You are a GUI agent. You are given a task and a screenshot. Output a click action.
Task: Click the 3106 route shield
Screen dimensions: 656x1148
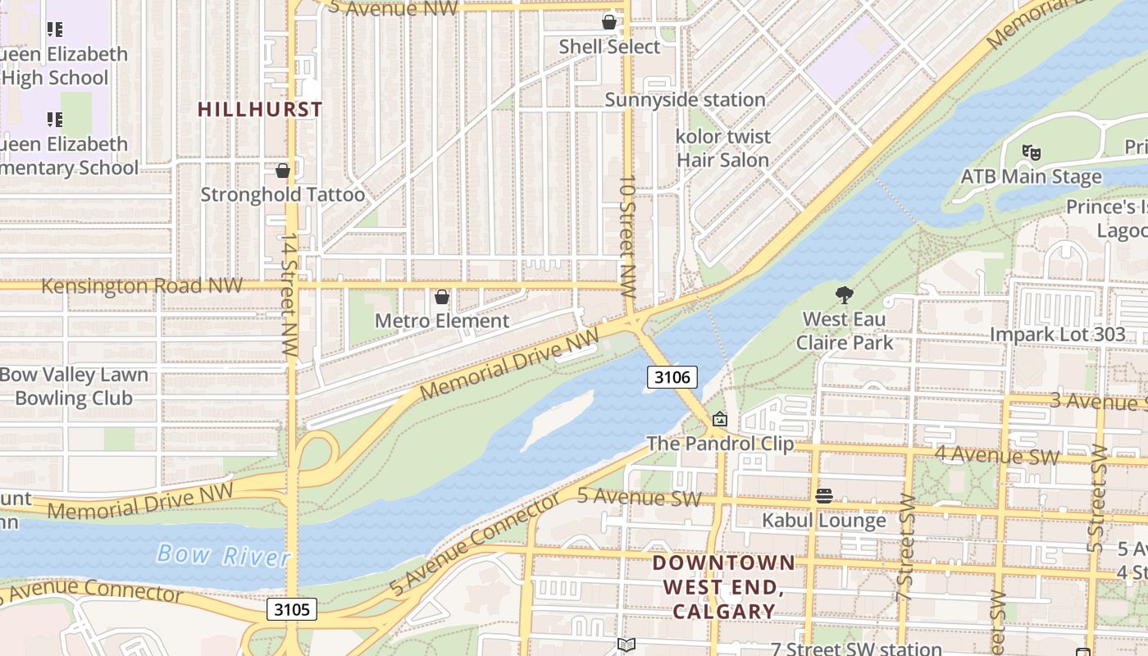pyautogui.click(x=672, y=377)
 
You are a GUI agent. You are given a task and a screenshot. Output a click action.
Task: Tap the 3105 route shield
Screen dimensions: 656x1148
pyautogui.click(x=291, y=609)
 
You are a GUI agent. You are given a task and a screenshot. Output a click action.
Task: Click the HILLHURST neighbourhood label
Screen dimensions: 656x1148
pyautogui.click(x=260, y=109)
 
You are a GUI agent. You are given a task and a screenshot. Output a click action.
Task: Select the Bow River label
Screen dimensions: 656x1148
pyautogui.click(x=223, y=555)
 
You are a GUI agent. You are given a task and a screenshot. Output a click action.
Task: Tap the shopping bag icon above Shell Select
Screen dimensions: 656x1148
pyautogui.click(x=609, y=22)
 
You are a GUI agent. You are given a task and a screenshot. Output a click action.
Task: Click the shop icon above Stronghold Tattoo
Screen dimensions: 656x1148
pyautogui.click(x=283, y=171)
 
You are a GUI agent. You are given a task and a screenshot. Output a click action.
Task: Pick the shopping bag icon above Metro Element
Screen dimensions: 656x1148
pyautogui.click(x=442, y=297)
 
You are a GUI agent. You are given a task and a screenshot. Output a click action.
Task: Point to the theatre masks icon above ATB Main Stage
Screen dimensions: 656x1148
pyautogui.click(x=1032, y=152)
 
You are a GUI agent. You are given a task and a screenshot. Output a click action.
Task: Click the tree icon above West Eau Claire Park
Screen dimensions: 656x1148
pyautogui.click(x=844, y=295)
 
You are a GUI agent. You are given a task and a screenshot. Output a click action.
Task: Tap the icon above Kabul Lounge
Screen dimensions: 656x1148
pyautogui.click(x=824, y=496)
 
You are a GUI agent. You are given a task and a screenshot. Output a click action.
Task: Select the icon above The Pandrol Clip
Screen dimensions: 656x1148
pyautogui.click(x=720, y=420)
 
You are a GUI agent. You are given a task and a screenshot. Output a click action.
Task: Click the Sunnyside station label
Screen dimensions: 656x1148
pyautogui.click(x=685, y=100)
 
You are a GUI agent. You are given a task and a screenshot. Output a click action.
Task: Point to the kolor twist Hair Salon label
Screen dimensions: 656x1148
pyautogui.click(x=722, y=148)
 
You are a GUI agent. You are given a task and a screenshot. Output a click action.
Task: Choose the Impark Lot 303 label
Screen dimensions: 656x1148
pyautogui.click(x=1057, y=335)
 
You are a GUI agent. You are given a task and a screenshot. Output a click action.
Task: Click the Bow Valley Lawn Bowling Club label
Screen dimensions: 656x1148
pyautogui.click(x=74, y=386)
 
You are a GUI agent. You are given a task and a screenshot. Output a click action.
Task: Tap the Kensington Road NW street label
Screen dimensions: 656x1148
pyautogui.click(x=142, y=285)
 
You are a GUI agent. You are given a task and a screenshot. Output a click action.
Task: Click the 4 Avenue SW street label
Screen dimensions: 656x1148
pyautogui.click(x=997, y=456)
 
